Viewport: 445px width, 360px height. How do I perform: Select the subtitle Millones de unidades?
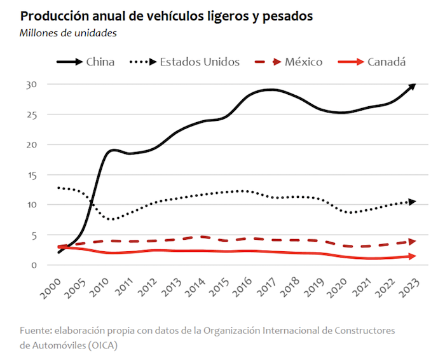click(x=69, y=32)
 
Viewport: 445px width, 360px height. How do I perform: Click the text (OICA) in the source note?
click(x=101, y=345)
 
